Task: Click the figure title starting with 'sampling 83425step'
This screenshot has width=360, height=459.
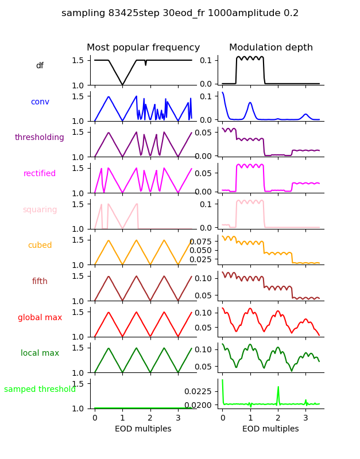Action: [180, 13]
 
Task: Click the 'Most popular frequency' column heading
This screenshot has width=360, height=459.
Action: [143, 48]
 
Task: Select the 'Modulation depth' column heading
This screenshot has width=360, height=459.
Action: [270, 48]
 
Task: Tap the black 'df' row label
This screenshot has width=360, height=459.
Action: [40, 66]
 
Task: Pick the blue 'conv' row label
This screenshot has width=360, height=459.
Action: [40, 102]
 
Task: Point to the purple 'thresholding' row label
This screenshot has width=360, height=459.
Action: [40, 138]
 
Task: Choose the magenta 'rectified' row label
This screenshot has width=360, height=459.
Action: [40, 174]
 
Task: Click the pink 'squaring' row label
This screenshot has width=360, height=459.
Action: [40, 210]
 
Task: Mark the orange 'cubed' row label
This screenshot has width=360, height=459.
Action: [40, 246]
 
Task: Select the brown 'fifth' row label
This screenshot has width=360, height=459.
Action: [40, 282]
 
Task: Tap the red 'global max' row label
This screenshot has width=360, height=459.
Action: [40, 318]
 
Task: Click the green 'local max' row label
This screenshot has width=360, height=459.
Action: [40, 353]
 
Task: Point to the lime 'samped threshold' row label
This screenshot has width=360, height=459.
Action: [40, 390]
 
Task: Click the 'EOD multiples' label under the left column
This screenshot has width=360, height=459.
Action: [143, 429]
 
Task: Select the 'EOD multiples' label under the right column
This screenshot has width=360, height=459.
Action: [270, 429]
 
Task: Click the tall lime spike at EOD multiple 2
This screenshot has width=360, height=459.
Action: [278, 388]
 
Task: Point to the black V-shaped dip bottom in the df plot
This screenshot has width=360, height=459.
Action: [122, 85]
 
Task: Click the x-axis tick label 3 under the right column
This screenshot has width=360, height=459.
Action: [305, 418]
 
